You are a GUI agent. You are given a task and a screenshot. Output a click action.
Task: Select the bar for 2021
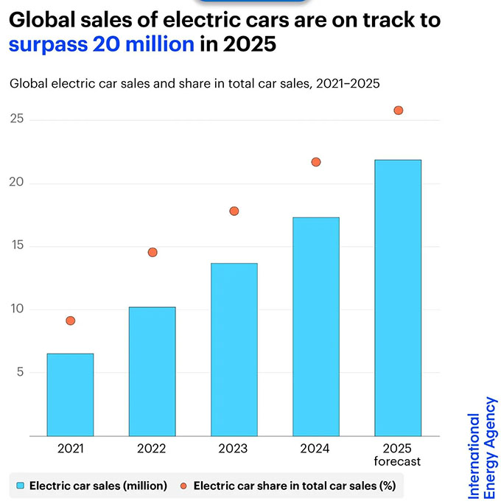coord(70,394)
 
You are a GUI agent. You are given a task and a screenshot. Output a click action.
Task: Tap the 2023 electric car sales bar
coord(234,349)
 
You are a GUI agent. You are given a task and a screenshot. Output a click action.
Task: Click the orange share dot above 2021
coord(70,321)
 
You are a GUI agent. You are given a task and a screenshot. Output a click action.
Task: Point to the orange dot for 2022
coord(153,252)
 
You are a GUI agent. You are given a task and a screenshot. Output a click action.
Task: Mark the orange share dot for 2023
coord(234,211)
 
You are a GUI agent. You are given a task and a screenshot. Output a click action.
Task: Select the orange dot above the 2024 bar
coord(316,162)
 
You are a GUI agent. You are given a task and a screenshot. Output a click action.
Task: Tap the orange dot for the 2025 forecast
coord(399,111)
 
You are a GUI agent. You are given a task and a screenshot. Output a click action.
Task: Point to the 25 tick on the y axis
coord(15,119)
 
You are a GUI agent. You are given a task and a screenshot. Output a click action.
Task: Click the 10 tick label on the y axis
coord(15,309)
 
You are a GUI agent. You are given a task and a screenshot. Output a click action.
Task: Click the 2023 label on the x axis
coord(234,448)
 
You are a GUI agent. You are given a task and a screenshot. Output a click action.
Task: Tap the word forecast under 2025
coord(398,462)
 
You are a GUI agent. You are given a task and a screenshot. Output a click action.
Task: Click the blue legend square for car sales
coord(21,486)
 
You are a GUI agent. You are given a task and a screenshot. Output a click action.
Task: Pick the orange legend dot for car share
coord(184,486)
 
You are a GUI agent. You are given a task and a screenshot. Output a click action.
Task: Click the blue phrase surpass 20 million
coord(102,44)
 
